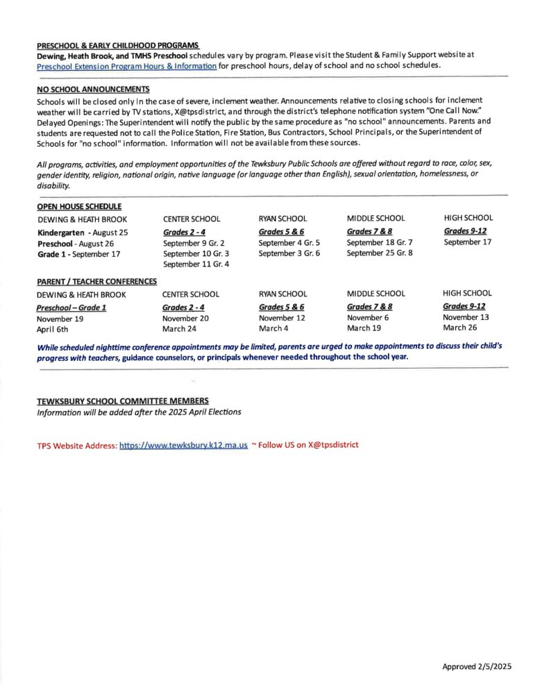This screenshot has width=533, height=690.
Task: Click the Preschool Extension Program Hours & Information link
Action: click(126, 66)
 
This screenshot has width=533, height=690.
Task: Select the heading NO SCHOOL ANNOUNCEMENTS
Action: click(93, 90)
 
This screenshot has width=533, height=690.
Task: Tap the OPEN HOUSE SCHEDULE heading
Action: click(79, 206)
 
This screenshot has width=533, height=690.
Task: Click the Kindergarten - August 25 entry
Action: click(83, 233)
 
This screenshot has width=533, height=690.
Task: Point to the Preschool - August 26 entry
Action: click(76, 244)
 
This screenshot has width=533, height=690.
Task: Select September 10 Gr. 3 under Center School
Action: click(196, 254)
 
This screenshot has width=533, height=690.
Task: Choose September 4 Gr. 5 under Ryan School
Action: click(289, 243)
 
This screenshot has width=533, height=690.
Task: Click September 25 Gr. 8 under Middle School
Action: click(380, 253)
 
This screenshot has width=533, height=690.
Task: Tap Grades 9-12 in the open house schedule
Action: click(464, 231)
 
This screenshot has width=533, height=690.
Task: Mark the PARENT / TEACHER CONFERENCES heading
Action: click(96, 281)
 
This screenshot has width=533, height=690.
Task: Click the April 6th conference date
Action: click(53, 330)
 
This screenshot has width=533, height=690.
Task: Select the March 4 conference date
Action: click(274, 328)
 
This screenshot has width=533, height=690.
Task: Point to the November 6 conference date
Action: click(368, 317)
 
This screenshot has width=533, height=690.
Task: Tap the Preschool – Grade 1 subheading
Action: click(71, 307)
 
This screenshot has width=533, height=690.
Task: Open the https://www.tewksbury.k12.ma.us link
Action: click(183, 446)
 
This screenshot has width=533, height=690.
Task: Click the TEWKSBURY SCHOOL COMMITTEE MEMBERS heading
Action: click(122, 401)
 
